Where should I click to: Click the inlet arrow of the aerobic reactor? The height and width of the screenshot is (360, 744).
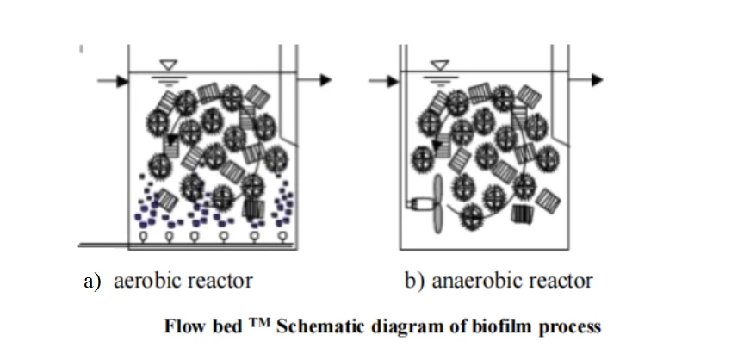(113, 81)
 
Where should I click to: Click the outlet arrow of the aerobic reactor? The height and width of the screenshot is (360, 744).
(314, 80)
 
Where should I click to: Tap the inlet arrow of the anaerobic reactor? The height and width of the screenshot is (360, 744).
(384, 81)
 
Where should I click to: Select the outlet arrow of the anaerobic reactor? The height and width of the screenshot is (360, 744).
(586, 80)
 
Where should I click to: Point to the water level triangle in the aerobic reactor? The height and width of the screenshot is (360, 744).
(169, 65)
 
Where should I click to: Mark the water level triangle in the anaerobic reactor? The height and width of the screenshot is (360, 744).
(440, 65)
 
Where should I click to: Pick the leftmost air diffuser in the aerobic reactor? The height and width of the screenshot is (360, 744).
(143, 236)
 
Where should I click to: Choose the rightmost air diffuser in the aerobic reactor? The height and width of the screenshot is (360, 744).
(282, 236)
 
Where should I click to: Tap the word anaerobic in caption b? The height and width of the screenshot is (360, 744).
(472, 281)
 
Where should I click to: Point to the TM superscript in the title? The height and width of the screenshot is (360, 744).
(259, 323)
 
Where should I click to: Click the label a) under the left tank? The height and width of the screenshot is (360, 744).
(92, 282)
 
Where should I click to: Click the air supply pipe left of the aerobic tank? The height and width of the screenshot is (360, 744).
(103, 245)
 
